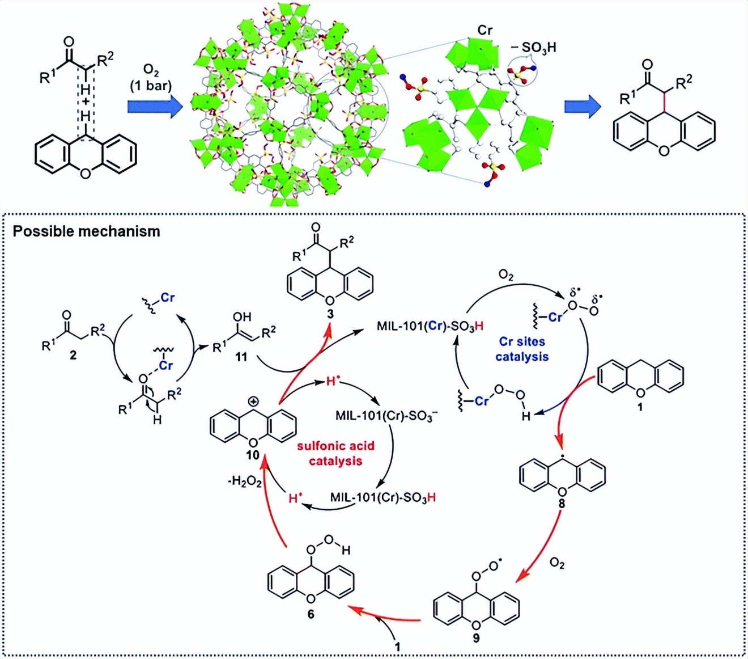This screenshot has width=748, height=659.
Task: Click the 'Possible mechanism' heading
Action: [86, 231]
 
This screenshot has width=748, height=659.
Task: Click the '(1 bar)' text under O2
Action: [150, 86]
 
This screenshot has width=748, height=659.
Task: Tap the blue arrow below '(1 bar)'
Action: [154, 106]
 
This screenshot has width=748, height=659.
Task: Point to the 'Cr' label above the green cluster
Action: [484, 29]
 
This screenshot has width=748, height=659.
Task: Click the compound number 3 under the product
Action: [330, 314]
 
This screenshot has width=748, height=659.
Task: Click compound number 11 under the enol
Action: [241, 357]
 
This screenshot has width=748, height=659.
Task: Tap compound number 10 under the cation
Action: [252, 455]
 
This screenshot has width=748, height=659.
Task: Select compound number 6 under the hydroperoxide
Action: [311, 614]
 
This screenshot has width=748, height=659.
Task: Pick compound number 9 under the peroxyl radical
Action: [476, 638]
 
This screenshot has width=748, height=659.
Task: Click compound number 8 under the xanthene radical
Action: [562, 503]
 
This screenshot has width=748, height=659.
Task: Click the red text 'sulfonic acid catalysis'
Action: [335, 453]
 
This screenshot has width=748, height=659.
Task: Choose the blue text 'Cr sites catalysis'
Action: [522, 349]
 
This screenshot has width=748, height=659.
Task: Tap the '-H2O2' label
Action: [244, 482]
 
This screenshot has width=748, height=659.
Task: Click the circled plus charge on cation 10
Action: [253, 402]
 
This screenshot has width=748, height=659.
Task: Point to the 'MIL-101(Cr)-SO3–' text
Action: [386, 416]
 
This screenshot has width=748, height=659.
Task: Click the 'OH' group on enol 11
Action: [242, 317]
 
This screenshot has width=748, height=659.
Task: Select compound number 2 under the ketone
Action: [73, 356]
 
